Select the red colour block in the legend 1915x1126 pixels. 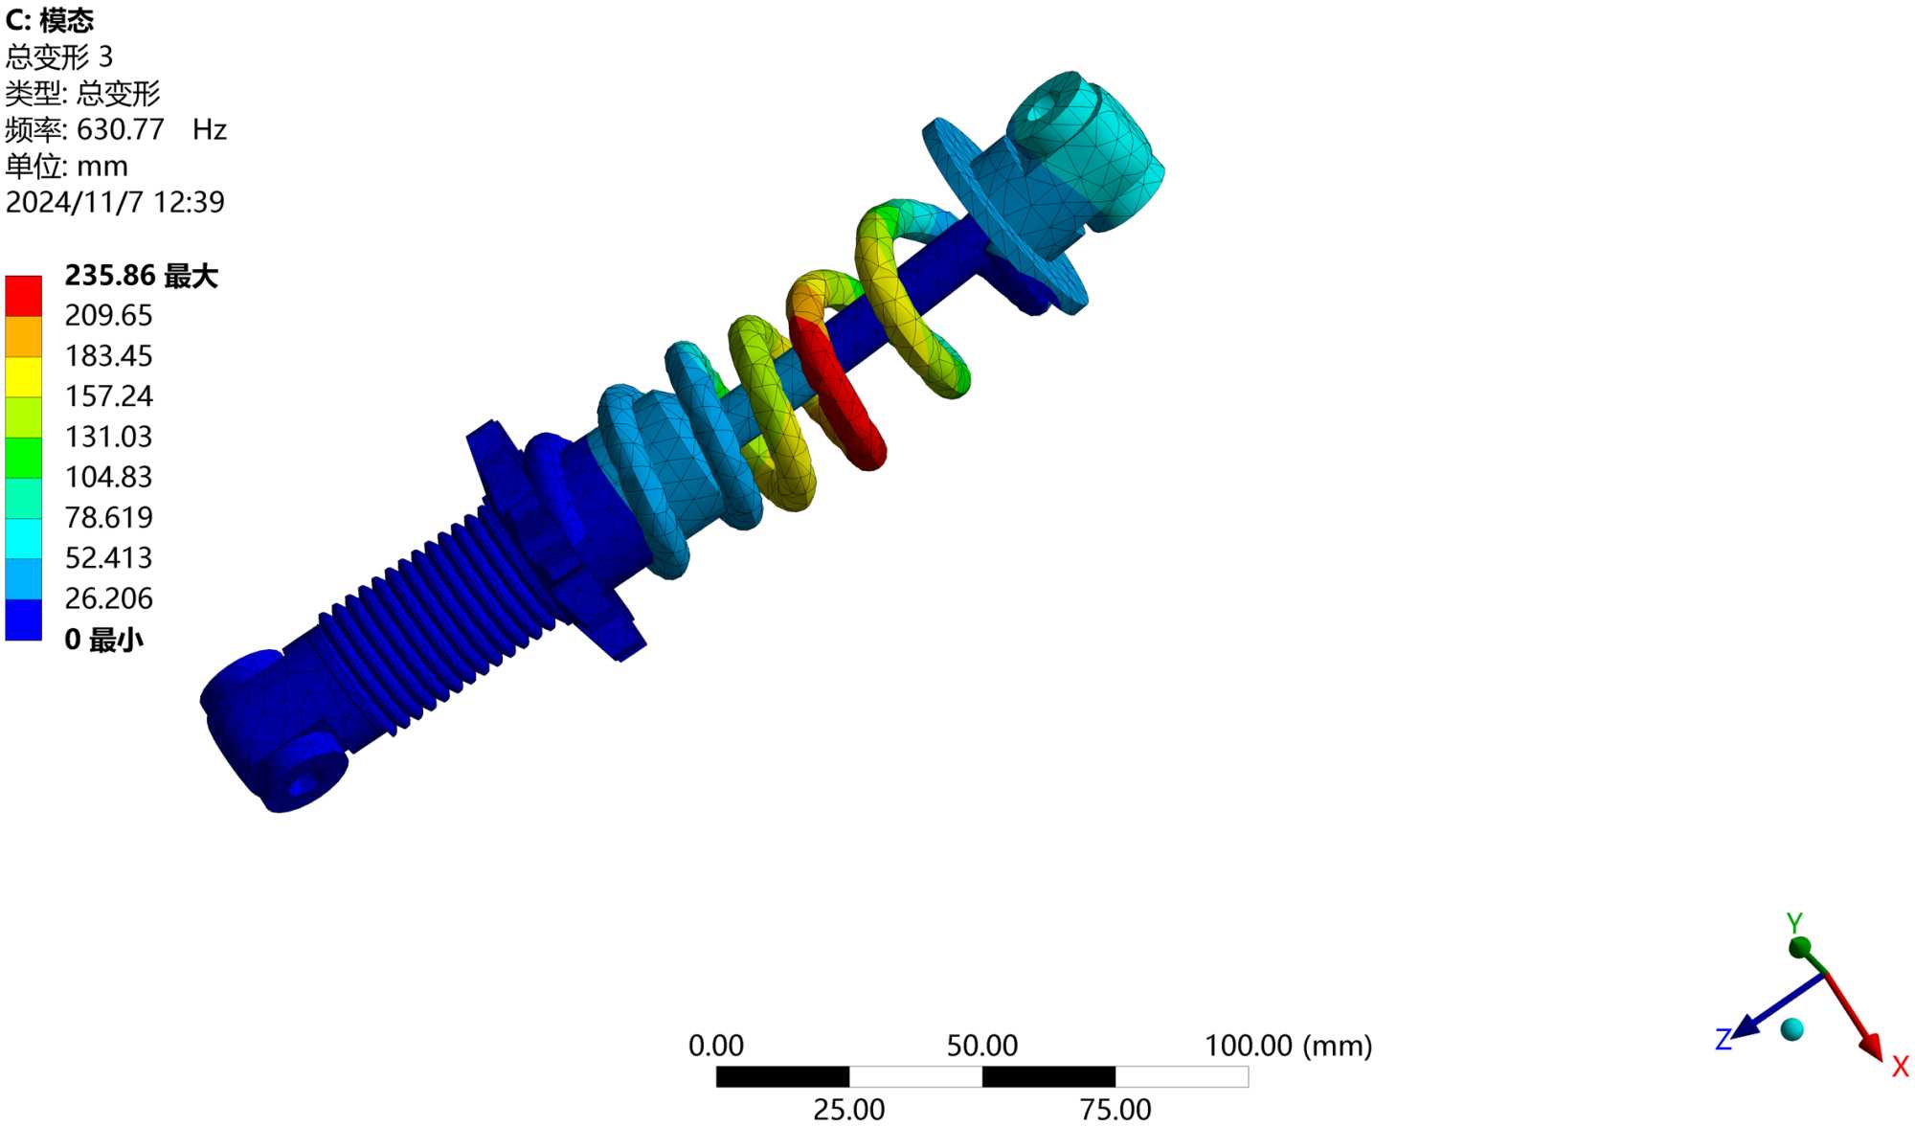[23, 296]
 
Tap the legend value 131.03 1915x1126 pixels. [109, 437]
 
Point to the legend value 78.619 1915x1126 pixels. [109, 517]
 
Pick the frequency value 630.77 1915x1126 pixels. [121, 129]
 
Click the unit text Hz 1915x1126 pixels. [210, 129]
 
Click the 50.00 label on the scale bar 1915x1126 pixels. [982, 1046]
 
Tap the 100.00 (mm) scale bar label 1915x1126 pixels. [1288, 1046]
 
